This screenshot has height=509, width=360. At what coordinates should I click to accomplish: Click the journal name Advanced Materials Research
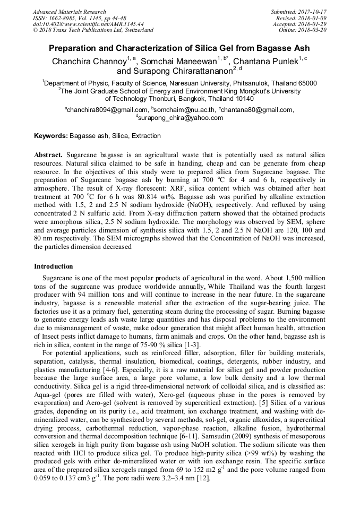(x=70, y=12)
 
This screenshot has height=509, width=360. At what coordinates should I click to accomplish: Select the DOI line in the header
(x=88, y=24)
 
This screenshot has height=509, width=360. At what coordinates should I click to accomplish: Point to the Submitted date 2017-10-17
(x=313, y=12)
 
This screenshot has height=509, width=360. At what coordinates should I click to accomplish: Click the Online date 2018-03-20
(x=313, y=30)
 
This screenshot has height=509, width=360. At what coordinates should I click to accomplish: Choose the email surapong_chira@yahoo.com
(x=181, y=118)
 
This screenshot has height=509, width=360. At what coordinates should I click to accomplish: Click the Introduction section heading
(x=54, y=266)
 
